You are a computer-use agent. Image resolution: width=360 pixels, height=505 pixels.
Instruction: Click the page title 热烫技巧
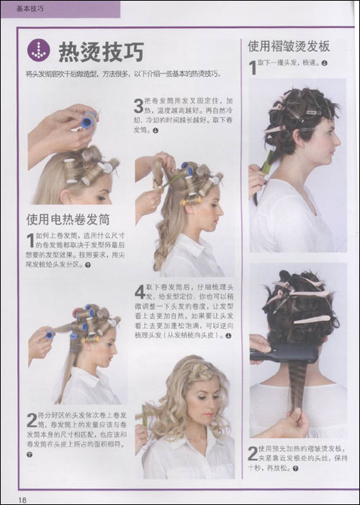pos(100,52)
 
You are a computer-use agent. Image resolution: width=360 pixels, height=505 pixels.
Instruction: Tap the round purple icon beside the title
pos(39,51)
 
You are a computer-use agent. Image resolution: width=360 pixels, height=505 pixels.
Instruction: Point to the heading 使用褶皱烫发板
pos(289,46)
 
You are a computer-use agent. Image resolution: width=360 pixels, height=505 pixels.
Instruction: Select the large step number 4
pos(140,292)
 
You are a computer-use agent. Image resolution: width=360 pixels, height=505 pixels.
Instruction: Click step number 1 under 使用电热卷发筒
pos(30,239)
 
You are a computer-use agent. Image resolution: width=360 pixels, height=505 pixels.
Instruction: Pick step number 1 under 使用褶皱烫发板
pos(253,68)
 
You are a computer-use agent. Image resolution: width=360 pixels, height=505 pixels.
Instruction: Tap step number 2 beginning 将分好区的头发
pos(32,419)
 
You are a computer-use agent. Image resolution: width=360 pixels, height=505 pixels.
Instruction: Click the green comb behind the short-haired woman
pos(266,163)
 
